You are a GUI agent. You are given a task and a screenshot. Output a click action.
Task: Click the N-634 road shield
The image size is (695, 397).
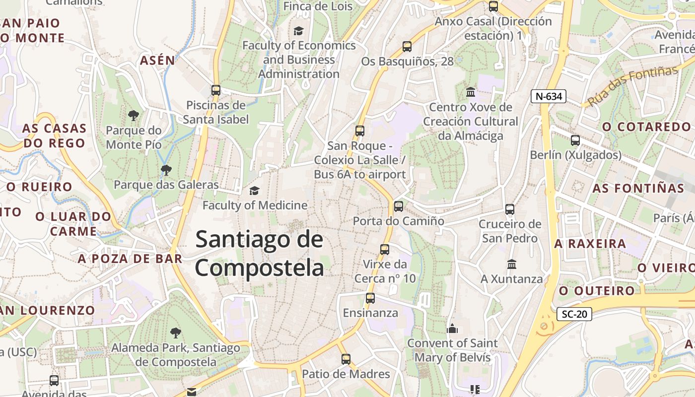(x=549, y=96)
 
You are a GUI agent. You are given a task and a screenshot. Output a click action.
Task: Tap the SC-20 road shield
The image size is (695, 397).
(x=574, y=314)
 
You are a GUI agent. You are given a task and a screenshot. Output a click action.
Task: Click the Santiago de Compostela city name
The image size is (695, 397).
(x=259, y=254)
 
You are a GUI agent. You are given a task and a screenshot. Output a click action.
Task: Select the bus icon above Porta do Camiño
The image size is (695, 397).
(x=398, y=206)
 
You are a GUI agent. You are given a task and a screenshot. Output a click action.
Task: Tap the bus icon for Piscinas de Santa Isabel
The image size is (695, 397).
(x=215, y=90)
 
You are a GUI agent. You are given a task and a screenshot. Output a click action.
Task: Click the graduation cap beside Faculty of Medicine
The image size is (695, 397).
(x=254, y=191)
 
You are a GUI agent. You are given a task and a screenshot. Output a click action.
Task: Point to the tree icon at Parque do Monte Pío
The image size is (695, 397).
(x=133, y=116)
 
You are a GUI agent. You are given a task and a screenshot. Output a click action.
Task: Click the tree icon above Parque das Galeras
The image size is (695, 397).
(x=166, y=170)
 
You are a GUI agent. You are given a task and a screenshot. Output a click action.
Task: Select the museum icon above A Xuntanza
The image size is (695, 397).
(x=512, y=264)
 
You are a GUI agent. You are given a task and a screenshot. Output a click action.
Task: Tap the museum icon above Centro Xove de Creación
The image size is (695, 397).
(x=470, y=92)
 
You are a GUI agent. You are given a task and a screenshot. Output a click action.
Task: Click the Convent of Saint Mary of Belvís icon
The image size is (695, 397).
(x=452, y=329)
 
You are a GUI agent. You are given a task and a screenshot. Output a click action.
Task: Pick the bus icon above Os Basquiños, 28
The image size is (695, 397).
(x=407, y=47)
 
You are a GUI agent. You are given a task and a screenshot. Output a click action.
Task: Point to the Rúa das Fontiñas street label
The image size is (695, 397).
(x=633, y=85)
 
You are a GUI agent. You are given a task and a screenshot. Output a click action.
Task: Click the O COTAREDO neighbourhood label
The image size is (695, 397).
(x=646, y=127)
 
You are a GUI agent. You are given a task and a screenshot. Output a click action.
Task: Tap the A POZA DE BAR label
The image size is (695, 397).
(x=130, y=259)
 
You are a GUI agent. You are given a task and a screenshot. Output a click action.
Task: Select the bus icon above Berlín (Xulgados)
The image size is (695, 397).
(x=575, y=140)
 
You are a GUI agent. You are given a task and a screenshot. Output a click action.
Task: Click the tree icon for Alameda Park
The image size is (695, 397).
(x=175, y=333)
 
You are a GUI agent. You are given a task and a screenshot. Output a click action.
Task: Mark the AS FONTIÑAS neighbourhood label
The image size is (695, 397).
(x=638, y=189)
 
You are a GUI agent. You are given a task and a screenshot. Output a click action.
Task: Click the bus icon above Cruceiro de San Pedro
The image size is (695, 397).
(x=510, y=209)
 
